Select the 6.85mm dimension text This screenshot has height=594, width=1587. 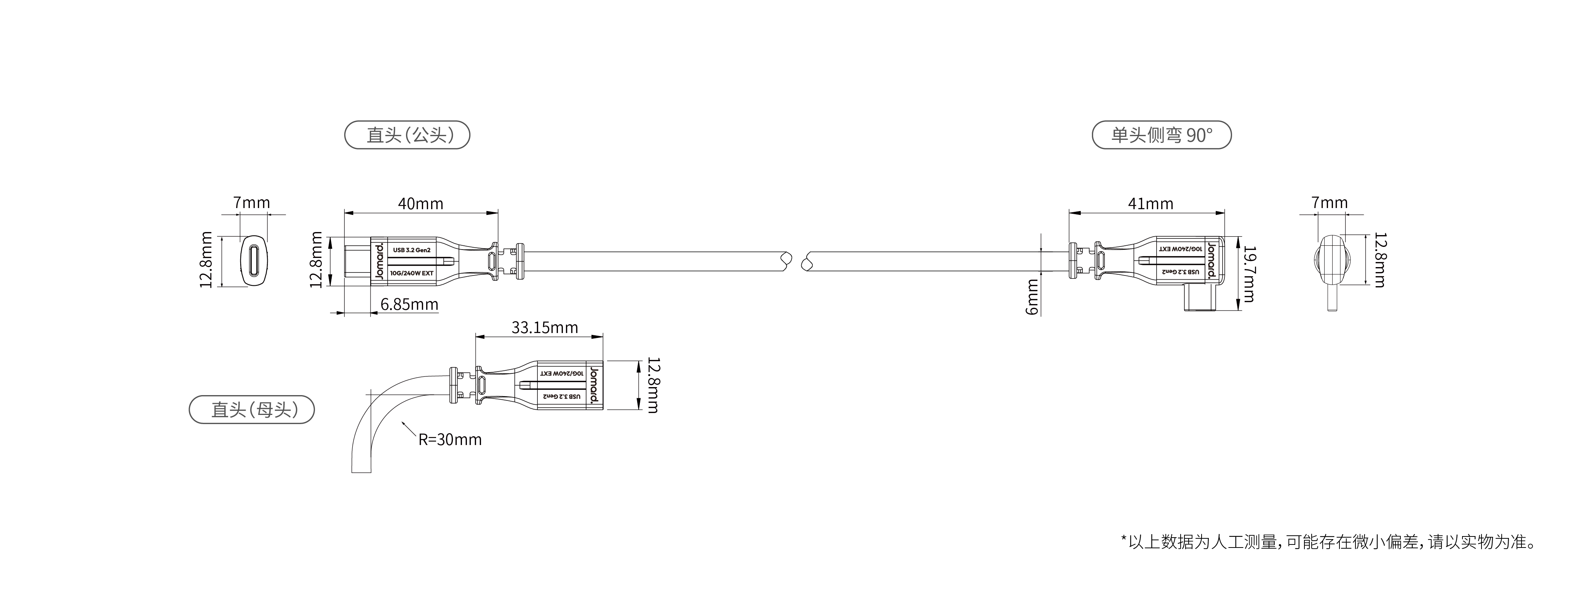(x=409, y=304)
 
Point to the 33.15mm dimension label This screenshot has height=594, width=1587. (x=545, y=327)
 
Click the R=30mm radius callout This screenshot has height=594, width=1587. (x=450, y=439)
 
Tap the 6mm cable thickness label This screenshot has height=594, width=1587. (x=1032, y=296)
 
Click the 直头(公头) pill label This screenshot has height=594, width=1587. (x=407, y=135)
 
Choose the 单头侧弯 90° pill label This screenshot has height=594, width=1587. (x=1161, y=135)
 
